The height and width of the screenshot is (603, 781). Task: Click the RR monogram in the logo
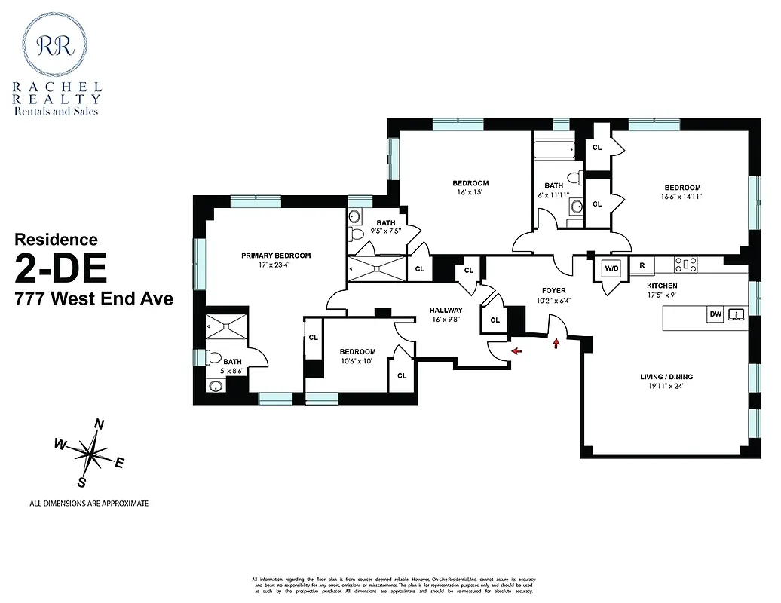click(60, 44)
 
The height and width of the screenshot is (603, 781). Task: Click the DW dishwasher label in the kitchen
click(715, 314)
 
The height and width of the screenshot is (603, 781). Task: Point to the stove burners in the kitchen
click(685, 264)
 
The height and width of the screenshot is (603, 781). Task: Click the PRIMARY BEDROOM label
click(276, 256)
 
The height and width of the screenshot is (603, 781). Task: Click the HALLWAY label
click(446, 310)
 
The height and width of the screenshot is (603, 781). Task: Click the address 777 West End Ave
click(94, 299)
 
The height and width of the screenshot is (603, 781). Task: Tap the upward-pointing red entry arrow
click(556, 344)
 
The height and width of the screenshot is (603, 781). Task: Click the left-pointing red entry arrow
click(516, 350)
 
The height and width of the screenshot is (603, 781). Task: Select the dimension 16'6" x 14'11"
click(681, 199)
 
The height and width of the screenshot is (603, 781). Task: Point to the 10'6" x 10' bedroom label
click(357, 357)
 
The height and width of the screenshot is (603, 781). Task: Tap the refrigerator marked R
click(642, 265)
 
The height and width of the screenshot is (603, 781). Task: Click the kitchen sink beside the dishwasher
click(737, 314)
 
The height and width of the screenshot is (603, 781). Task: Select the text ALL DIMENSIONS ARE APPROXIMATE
click(89, 503)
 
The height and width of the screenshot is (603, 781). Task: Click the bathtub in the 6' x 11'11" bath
click(556, 148)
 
